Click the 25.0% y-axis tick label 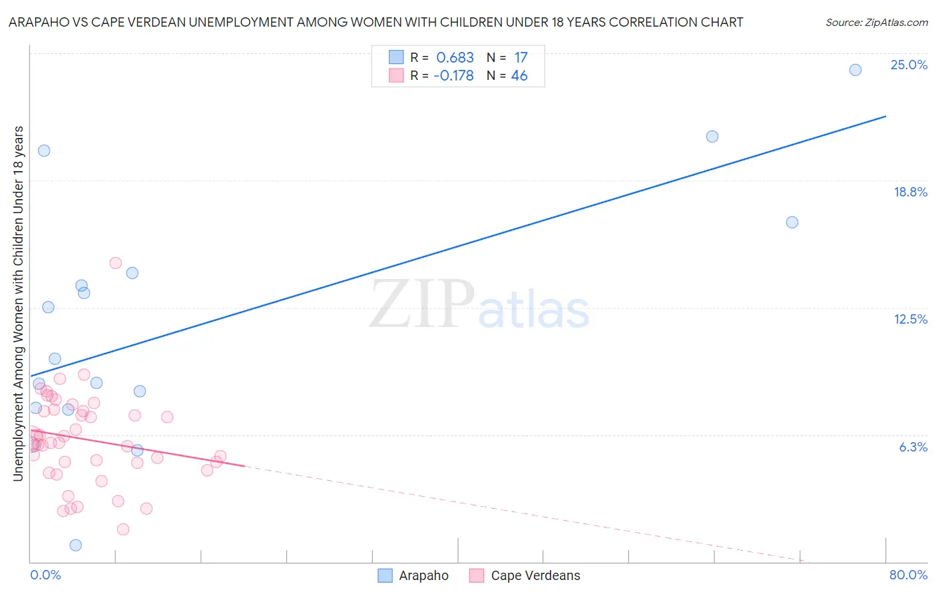point(909,65)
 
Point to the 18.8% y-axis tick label point(910,192)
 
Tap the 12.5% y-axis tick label point(910,319)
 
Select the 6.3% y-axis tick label point(913,447)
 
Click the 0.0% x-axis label point(45,575)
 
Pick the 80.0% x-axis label point(908,575)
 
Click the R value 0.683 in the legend point(455,58)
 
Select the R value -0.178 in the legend point(453,76)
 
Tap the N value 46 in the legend point(519,76)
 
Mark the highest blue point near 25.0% point(855,70)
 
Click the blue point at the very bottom point(76,545)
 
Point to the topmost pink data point point(116,263)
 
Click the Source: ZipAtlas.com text point(876,23)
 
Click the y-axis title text point(18,303)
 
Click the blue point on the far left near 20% point(44,150)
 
